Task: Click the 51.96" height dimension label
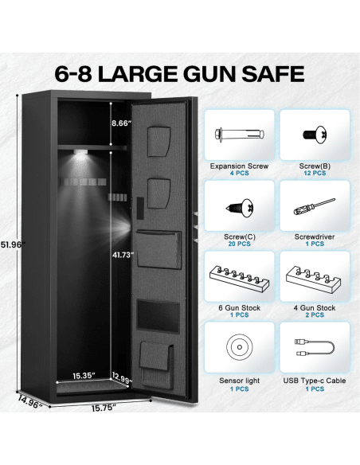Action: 13,244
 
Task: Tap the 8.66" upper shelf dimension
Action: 121,123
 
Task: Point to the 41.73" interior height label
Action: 123,255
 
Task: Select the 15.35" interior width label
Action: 84,376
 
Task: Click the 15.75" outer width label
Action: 104,408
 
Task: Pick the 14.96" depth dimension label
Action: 30,402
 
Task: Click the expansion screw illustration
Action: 239,135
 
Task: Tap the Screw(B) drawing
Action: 315,135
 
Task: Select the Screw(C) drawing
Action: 240,208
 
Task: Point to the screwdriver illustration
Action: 315,207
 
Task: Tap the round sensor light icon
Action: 240,347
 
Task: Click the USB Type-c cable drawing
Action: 315,348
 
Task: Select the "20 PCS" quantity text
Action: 239,244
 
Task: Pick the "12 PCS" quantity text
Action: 315,173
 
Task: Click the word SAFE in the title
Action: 273,74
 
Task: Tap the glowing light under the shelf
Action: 80,152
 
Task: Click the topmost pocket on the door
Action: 159,142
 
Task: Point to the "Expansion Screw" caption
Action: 239,166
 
